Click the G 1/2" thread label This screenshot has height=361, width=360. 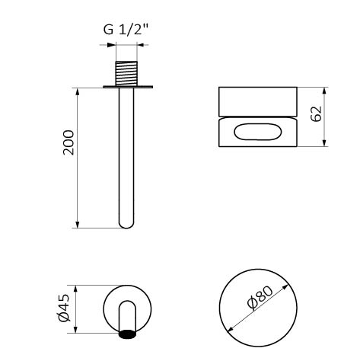coord(126,30)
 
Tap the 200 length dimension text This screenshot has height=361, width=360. coord(68,142)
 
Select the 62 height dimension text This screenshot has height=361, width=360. coord(317,114)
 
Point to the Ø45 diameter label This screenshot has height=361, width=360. coord(64,308)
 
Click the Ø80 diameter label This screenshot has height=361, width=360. coord(260,298)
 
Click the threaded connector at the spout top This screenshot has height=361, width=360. coord(126,73)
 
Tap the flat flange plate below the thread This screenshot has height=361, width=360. coord(128,87)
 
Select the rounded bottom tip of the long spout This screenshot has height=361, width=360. coord(126,224)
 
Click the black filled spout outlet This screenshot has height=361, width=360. coord(128,334)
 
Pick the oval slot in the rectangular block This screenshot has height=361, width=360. coord(258,132)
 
